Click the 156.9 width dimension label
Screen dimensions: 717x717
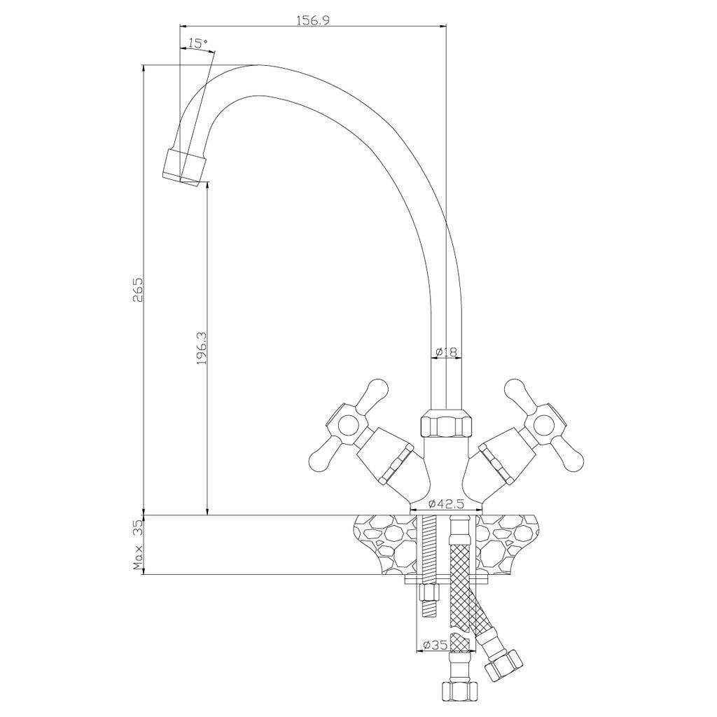(x=313, y=20)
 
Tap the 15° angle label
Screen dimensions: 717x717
(x=197, y=43)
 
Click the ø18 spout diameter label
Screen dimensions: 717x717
(x=446, y=351)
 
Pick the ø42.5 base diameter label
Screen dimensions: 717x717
(x=446, y=504)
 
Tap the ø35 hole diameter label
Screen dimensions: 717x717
(x=435, y=645)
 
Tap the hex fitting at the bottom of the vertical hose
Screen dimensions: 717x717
(x=460, y=690)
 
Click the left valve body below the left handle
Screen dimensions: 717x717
(x=389, y=462)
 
